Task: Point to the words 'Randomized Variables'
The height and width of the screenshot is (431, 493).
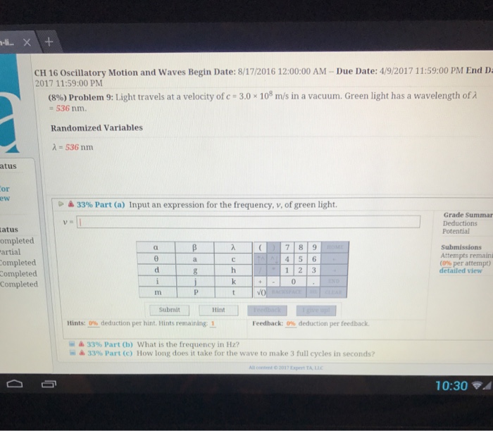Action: coord(96,128)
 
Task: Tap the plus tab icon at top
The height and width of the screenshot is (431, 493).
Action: coord(49,42)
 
